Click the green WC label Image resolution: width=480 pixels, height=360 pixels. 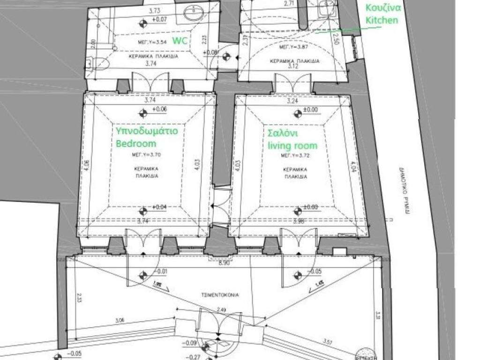180,41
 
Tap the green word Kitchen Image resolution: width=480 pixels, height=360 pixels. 382,20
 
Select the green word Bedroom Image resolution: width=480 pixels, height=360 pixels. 136,142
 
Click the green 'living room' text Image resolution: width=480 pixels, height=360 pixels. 292,145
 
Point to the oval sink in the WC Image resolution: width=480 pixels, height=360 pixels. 194,14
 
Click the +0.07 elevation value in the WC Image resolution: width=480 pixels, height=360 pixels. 160,20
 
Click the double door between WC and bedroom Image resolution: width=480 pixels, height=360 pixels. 150,82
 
